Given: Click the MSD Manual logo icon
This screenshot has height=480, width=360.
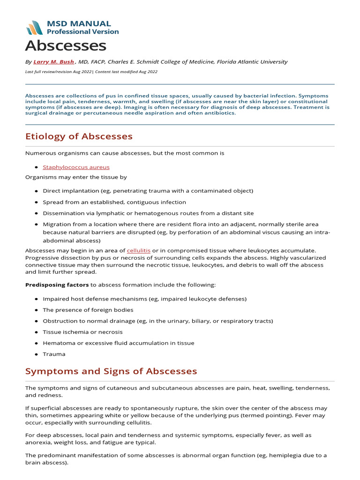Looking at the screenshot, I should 34,28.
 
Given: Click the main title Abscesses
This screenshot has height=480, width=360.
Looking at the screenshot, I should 66,46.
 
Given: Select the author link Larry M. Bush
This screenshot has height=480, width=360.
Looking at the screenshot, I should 53,62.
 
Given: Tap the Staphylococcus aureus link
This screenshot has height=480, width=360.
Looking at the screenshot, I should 76,167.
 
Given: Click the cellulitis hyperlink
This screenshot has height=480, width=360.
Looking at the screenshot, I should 138,251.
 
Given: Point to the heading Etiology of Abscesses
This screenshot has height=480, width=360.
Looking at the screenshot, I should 79,136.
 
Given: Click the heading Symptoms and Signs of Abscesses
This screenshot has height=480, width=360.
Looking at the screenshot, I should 111,371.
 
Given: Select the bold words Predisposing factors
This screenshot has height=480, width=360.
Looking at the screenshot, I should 57,285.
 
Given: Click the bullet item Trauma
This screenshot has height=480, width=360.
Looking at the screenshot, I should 54,354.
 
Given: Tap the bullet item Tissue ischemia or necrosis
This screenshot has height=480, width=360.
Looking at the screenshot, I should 82,332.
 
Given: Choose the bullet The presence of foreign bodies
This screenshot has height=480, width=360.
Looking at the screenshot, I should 88,310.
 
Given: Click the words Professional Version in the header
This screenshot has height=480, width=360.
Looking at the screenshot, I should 82,32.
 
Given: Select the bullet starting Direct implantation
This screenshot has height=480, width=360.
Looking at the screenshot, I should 148,191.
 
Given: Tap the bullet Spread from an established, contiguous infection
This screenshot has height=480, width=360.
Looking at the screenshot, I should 114,202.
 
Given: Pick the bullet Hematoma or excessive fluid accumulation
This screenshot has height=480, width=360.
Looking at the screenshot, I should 118,343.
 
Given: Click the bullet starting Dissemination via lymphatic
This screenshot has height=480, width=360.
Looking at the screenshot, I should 148,213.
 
